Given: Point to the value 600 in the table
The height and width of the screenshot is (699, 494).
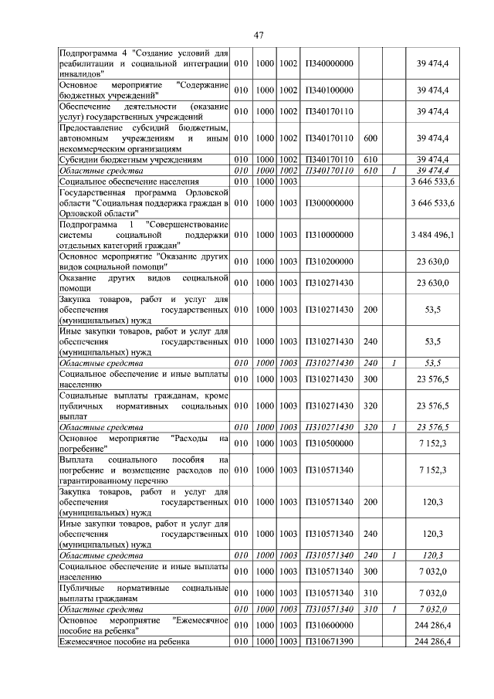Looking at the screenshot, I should coord(370,137).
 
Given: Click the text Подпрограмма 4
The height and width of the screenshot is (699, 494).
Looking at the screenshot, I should coord(91,52).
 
